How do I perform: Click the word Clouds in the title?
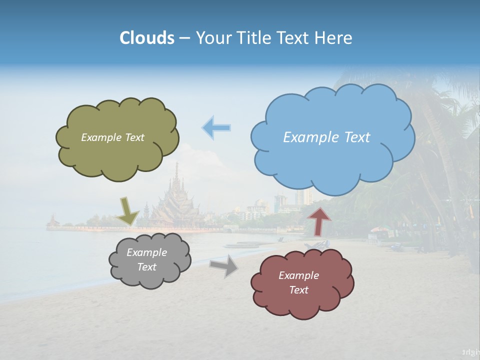tap(147, 38)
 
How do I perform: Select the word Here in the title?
tap(333, 38)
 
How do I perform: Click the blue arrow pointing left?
tap(216, 128)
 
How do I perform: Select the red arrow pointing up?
tap(319, 220)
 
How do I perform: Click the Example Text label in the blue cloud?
tap(326, 137)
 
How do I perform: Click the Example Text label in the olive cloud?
tap(112, 137)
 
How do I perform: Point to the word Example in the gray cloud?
tap(146, 252)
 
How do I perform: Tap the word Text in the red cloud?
tap(298, 290)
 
